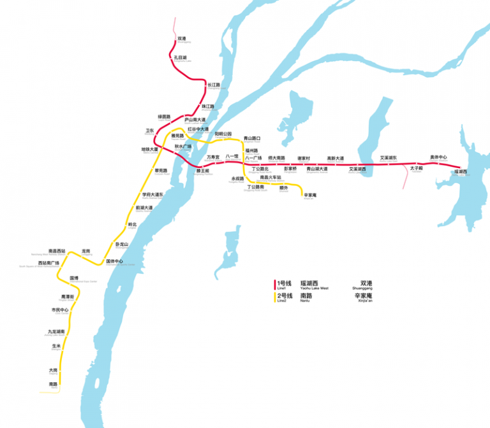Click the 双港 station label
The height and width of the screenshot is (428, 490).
pos(182,38)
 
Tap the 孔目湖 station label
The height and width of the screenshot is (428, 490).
pos(181,57)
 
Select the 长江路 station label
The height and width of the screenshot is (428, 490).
pos(213,85)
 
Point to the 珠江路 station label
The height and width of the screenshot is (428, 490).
pos(208,106)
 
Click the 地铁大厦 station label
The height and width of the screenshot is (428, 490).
pos(150,150)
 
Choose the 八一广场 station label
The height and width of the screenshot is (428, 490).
pos(254,157)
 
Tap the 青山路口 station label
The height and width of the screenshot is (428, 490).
pos(253,138)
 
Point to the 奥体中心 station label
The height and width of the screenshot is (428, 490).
pos(438,157)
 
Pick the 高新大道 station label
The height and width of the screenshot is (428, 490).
pos(336,158)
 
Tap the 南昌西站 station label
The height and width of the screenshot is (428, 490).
pos(57,251)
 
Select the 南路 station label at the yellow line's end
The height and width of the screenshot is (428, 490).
pos(54,384)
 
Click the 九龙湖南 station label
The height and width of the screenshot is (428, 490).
pos(56,332)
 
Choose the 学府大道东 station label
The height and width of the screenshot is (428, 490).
pos(153,194)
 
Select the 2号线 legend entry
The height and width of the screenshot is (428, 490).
pos(284,296)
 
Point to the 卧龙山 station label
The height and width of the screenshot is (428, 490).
pos(122,245)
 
